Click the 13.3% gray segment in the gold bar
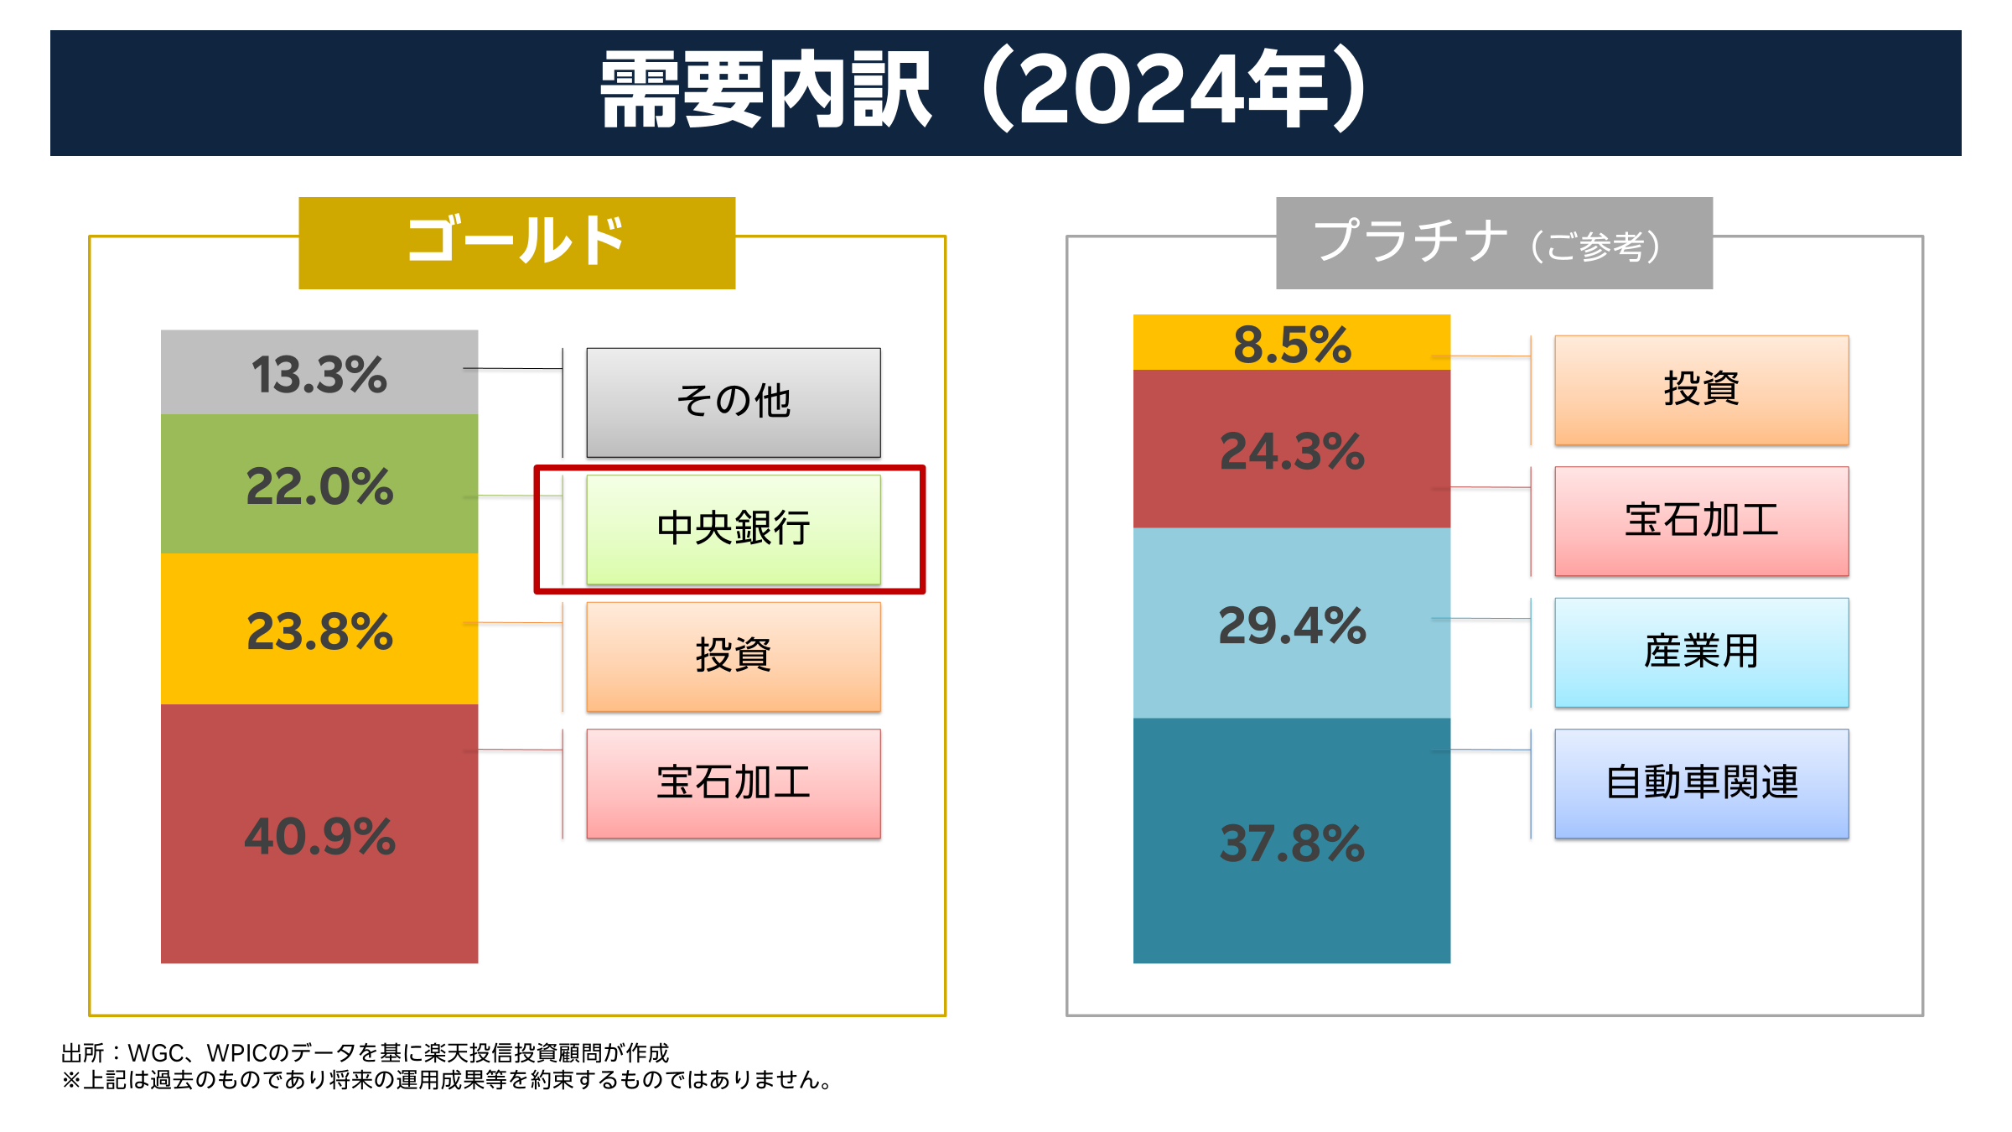point(319,372)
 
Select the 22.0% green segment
point(319,485)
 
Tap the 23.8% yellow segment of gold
point(319,630)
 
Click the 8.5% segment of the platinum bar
point(1291,343)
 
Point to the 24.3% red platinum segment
point(1291,449)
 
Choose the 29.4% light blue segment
point(1291,624)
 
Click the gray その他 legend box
point(734,402)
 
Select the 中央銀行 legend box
point(734,529)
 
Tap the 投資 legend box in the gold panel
point(734,657)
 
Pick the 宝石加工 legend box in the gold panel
point(734,783)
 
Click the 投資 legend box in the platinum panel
point(1701,390)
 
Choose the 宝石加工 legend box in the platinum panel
point(1701,521)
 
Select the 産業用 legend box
point(1701,652)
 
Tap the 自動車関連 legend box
point(1701,783)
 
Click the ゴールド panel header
point(516,242)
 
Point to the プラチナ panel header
point(1494,242)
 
